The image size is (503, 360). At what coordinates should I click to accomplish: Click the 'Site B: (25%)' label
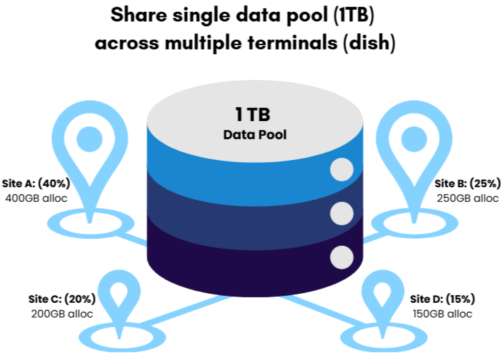(467, 184)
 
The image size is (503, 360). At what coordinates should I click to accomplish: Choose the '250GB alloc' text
(467, 198)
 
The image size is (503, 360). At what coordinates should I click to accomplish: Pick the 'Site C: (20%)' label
(62, 299)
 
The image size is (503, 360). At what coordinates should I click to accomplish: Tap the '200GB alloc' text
(62, 313)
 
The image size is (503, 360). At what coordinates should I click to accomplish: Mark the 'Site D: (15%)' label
(442, 299)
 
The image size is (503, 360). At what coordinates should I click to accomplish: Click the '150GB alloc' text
(442, 313)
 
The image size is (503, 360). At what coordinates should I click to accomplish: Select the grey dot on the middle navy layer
(341, 213)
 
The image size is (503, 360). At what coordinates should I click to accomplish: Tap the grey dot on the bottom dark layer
(341, 257)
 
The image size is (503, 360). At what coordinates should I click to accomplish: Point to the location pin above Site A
(88, 150)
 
